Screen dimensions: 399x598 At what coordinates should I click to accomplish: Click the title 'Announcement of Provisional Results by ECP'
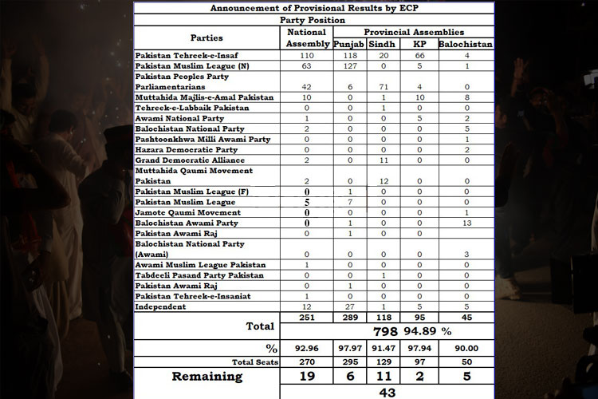313,7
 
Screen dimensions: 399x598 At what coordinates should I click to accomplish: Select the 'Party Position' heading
313,19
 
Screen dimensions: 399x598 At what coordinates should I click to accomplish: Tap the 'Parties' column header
207,38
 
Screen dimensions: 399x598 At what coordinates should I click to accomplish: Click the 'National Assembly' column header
306,38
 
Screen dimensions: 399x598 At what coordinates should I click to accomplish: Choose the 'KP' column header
419,44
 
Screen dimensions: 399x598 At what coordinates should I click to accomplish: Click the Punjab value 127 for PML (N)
348,66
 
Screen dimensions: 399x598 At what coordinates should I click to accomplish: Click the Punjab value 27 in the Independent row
348,307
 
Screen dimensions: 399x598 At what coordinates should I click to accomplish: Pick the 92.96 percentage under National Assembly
306,348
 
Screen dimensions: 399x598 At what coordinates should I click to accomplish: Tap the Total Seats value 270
306,361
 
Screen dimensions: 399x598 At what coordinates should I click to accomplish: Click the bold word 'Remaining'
207,377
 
